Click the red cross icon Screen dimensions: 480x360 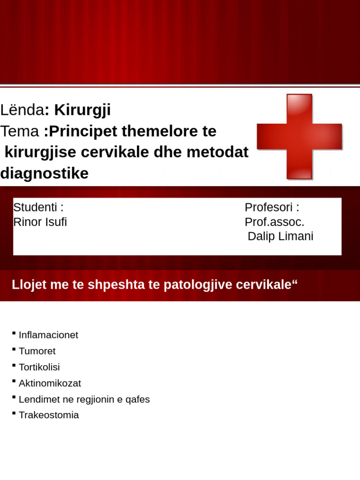(299, 136)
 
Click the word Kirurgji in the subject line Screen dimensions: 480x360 (82, 110)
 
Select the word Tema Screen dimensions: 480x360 (20, 132)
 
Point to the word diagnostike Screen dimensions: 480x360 (45, 173)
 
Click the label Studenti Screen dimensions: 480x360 (38, 207)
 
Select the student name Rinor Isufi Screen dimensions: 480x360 (40, 222)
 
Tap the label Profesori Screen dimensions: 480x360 (271, 207)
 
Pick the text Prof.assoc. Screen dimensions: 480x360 (275, 222)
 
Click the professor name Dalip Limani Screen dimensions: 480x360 (280, 237)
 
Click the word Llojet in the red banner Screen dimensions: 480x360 (27, 285)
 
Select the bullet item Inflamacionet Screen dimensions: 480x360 (48, 335)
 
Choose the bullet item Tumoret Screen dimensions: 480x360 (37, 351)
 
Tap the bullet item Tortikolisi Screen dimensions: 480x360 (39, 367)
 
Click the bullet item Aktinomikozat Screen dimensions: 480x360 (50, 383)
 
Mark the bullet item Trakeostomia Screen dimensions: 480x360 (49, 415)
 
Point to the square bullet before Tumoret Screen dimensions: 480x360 (14, 350)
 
